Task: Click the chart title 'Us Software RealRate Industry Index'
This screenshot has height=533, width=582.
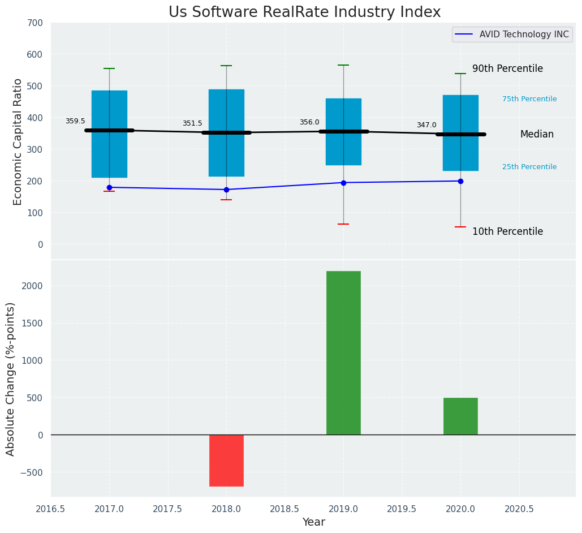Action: pos(304,12)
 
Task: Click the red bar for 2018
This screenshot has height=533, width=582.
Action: pos(226,460)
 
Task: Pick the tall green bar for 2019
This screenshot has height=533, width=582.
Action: pos(343,353)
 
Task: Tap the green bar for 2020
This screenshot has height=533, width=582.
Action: pos(460,416)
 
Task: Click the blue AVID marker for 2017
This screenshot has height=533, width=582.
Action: pos(109,187)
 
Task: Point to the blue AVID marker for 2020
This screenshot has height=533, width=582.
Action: pos(460,181)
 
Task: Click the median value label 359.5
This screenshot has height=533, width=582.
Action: pos(75,121)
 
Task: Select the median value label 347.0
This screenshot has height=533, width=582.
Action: pos(426,125)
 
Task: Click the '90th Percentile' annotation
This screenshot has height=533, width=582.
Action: pos(507,69)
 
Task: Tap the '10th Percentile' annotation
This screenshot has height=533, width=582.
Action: pos(507,232)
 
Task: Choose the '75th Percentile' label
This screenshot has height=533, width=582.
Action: pos(529,99)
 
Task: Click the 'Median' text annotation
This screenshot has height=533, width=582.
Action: pos(537,135)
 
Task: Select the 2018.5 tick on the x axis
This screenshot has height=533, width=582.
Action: pos(284,509)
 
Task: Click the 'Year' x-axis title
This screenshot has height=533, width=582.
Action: pos(313,522)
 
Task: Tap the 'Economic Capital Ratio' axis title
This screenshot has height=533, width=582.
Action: pos(18,141)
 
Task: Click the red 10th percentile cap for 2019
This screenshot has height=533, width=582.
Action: pos(343,224)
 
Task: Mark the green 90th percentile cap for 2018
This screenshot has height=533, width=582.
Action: pos(226,66)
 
